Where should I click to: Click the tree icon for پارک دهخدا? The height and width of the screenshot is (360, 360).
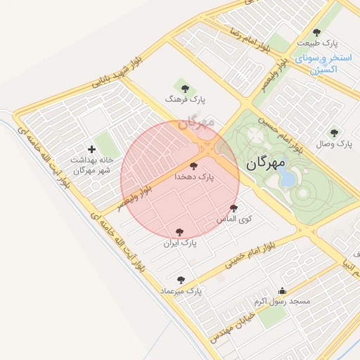pos(193,167)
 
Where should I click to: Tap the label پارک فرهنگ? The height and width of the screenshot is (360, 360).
pos(185,101)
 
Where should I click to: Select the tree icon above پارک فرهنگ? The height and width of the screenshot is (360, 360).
pos(185,89)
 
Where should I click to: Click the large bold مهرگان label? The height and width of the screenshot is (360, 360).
pos(266,163)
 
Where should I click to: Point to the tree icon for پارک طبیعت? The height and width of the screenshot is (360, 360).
pos(316,32)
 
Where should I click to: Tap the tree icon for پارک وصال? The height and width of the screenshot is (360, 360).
pos(334,132)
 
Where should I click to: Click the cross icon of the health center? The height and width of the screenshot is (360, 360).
pos(91,149)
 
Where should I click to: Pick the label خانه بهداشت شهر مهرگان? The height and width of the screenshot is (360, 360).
pos(91,165)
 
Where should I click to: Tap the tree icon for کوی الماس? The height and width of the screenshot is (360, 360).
pos(234,208)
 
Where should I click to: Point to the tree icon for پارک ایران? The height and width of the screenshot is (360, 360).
pos(179,231)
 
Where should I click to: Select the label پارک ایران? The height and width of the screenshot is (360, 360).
pos(180,243)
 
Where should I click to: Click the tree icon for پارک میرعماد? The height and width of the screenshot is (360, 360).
pos(181,279)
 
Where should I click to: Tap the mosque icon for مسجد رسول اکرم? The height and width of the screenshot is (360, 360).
pos(283,290)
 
